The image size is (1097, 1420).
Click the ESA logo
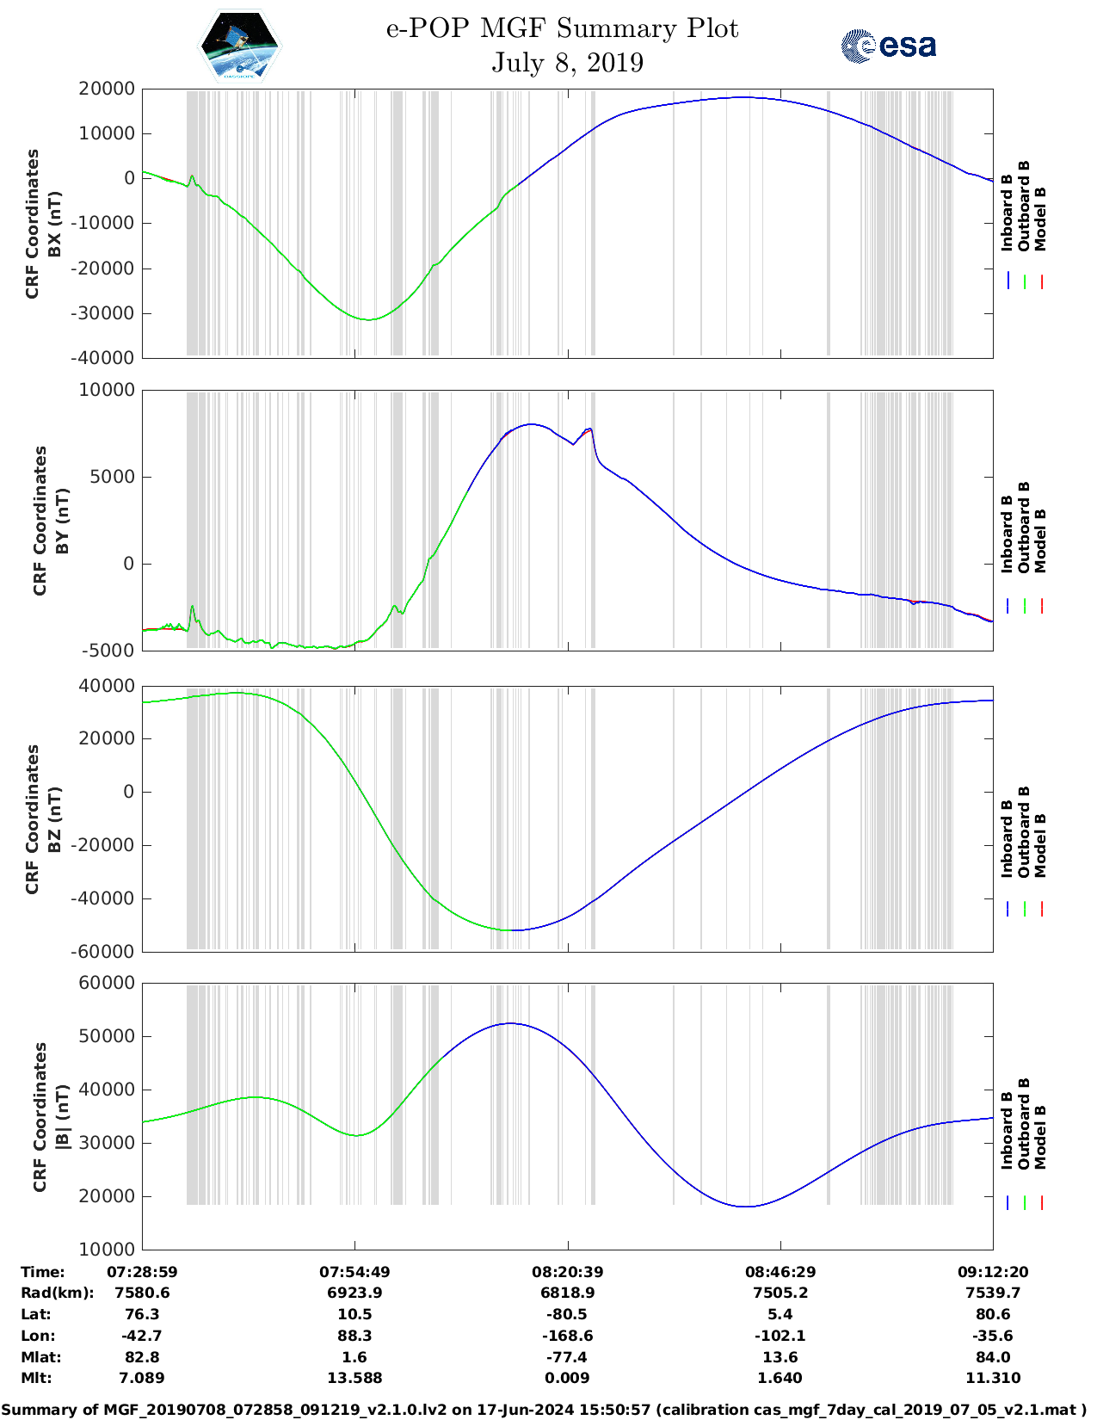pos(888,46)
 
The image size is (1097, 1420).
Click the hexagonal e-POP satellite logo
pos(240,46)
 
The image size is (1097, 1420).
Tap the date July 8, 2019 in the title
pos(567,63)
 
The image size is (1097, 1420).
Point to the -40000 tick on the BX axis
pos(106,358)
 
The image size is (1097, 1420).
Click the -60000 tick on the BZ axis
pos(106,952)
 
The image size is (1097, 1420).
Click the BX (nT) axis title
pos(54,224)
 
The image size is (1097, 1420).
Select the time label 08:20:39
pos(567,1272)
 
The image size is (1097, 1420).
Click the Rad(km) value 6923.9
pos(354,1293)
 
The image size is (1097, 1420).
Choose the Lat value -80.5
pos(567,1314)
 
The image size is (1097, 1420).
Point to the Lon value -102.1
pos(780,1336)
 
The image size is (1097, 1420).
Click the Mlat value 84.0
pos(993,1357)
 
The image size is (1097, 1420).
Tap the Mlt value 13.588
pos(354,1378)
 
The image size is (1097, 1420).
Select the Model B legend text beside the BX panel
pos(1040,219)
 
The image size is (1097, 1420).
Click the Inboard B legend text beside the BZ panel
pos(1007,839)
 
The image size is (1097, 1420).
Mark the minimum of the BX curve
pos(369,320)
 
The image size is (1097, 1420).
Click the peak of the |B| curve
pos(510,1023)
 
